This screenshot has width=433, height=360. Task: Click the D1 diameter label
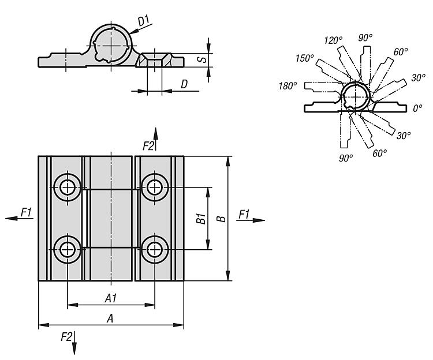pos(144,21)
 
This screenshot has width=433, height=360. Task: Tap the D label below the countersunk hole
pos(184,84)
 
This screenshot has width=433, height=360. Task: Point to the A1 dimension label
pos(110,298)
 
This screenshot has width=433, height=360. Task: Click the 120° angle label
pos(333,40)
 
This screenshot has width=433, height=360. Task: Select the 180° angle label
pos(287,85)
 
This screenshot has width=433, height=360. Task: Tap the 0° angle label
pos(418,107)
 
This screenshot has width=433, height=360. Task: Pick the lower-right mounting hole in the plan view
pos(154,249)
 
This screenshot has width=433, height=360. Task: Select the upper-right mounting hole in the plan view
pos(154,186)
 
